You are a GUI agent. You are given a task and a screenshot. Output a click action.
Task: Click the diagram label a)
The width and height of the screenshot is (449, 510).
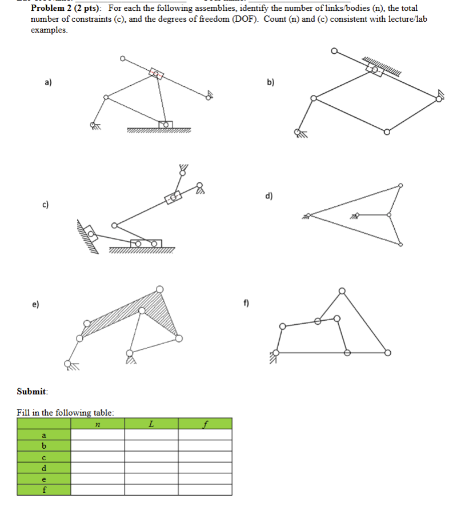[x=49, y=82]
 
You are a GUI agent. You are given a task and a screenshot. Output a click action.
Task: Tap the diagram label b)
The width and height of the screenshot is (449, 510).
[x=270, y=82]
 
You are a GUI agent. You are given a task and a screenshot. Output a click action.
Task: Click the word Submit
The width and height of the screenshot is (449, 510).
[x=32, y=392]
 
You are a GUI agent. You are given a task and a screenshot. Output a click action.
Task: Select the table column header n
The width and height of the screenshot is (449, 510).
[x=98, y=424]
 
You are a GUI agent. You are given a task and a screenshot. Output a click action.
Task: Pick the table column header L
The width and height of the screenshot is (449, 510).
[x=151, y=424]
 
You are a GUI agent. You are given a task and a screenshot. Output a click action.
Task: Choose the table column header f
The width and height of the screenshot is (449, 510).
[x=205, y=424]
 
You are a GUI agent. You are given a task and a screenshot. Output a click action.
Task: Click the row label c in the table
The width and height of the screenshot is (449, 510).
[x=44, y=457]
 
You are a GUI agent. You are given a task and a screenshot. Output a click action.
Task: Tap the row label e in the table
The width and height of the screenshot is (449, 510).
[x=44, y=479]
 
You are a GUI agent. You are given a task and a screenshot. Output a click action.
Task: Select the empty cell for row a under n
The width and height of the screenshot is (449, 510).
[x=98, y=435]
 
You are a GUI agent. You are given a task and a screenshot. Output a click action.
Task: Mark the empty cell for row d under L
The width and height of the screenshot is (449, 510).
[x=151, y=468]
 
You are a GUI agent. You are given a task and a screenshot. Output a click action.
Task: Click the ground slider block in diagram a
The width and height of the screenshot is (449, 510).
[x=165, y=125]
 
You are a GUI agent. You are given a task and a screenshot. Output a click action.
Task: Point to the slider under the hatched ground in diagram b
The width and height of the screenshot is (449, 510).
[x=374, y=70]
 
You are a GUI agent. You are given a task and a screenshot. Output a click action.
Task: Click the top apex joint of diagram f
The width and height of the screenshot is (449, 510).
[x=342, y=291]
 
